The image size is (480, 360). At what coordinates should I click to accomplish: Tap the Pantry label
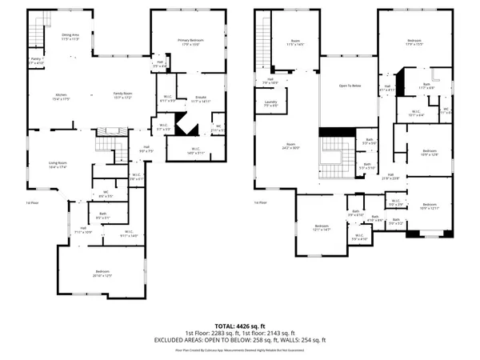(36, 59)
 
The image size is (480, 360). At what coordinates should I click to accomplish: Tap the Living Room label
(58, 165)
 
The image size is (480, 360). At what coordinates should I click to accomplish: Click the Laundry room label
(270, 102)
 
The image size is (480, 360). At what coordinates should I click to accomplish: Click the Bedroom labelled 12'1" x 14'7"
(322, 227)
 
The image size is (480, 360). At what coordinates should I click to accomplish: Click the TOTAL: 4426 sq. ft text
(240, 326)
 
